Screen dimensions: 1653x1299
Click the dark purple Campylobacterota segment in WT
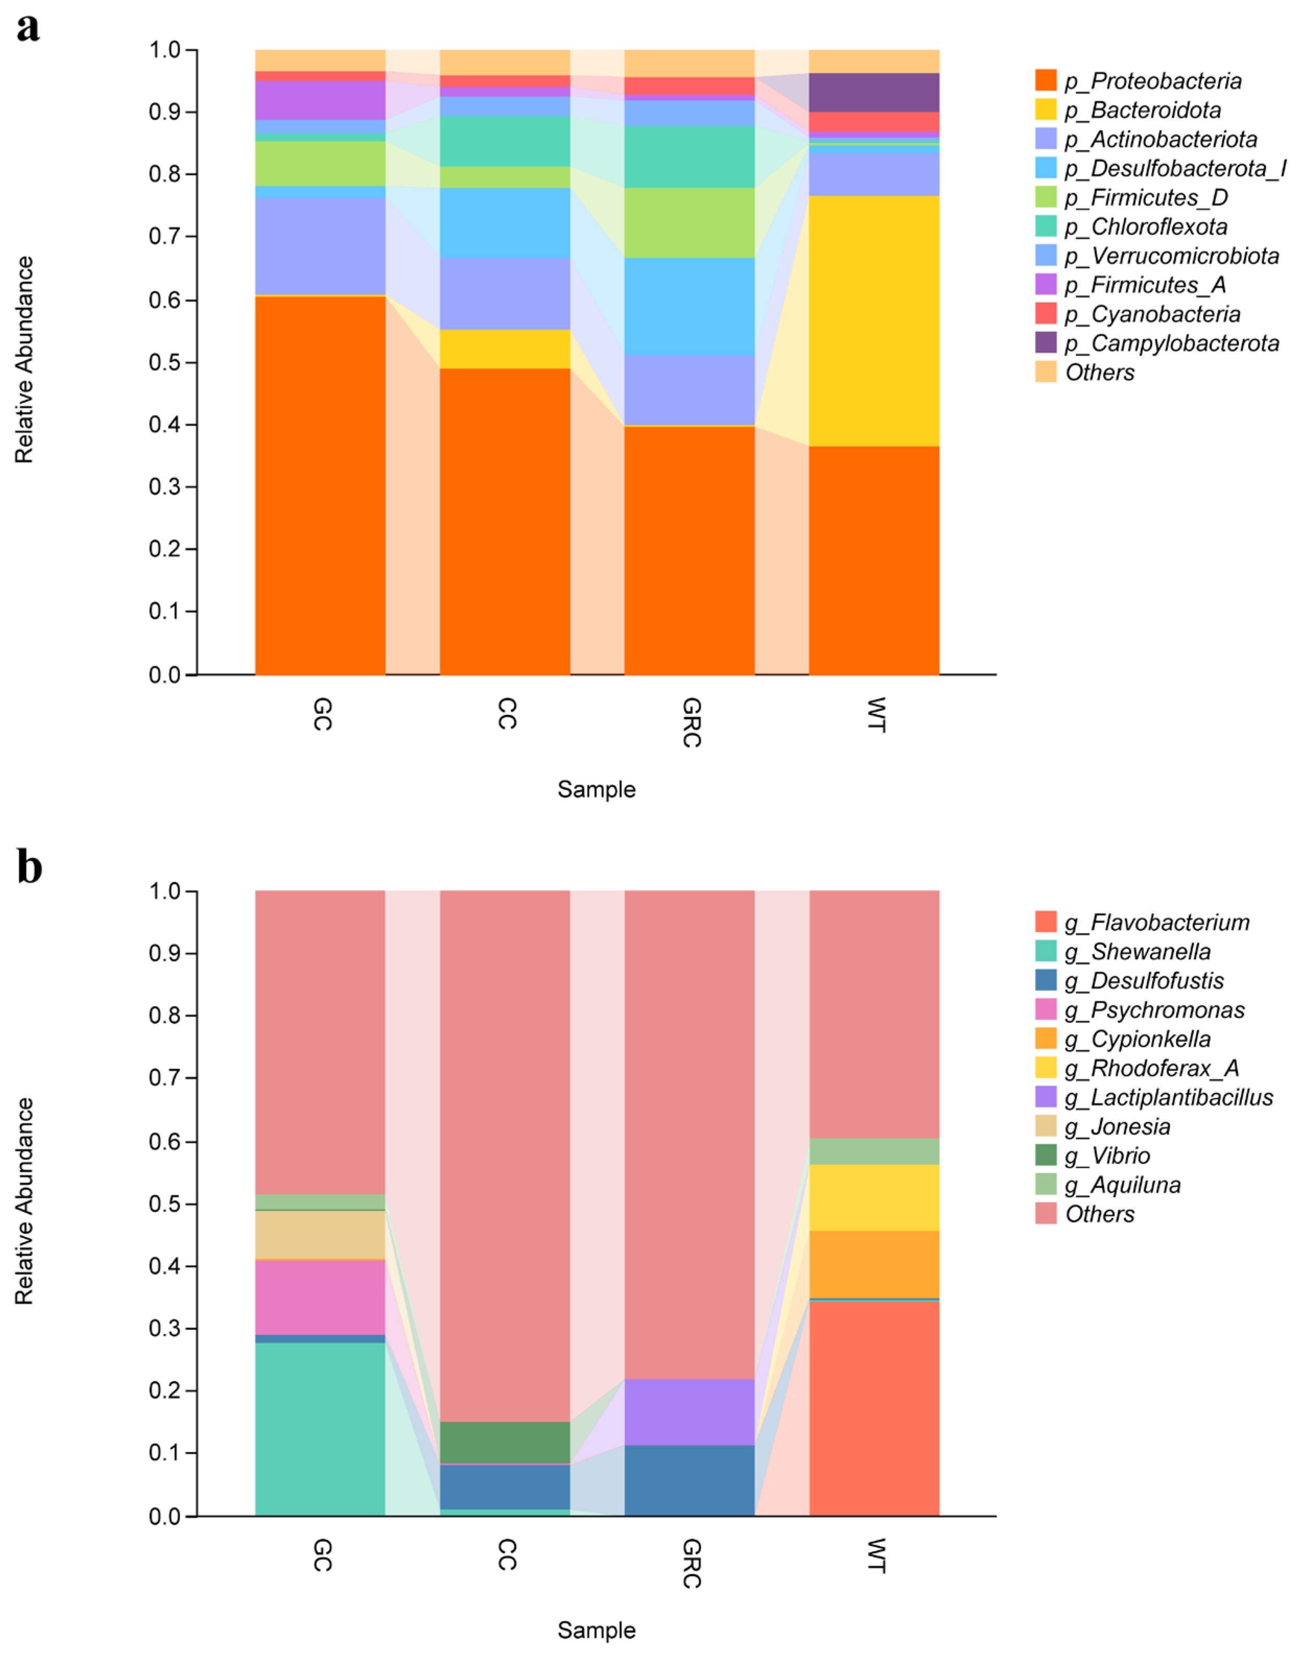pyautogui.click(x=874, y=93)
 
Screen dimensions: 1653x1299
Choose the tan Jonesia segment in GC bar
pyautogui.click(x=320, y=1233)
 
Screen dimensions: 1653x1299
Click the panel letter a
pyautogui.click(x=28, y=29)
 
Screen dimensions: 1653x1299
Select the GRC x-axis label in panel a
pyautogui.click(x=691, y=722)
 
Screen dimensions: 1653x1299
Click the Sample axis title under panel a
pyautogui.click(x=596, y=789)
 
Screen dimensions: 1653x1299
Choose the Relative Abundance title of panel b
pyautogui.click(x=25, y=1202)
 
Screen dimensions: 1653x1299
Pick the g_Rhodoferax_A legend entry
pyautogui.click(x=1151, y=1068)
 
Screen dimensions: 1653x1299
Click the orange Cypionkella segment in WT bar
pyautogui.click(x=874, y=1265)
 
